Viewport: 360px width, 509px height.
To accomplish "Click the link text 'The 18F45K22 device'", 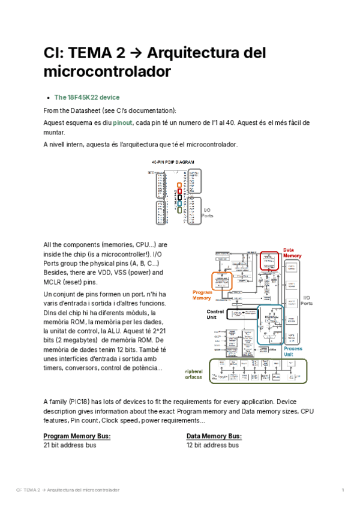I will click(86, 97).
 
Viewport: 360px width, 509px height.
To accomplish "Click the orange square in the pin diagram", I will click(179, 185).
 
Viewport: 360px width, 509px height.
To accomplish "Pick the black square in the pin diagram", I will click(179, 197).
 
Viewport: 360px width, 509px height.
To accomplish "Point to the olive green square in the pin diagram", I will click(179, 209).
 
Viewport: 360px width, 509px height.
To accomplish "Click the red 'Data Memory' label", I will click(292, 253).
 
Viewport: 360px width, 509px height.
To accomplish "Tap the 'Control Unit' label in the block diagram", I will click(215, 315).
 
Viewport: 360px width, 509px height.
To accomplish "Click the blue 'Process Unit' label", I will click(293, 352).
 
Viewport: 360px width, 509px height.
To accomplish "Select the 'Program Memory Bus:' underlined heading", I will click(77, 436).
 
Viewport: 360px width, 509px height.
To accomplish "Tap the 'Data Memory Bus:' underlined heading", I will click(214, 436).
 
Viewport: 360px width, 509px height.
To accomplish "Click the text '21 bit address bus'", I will click(70, 445).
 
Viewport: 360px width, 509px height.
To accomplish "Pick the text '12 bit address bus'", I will click(213, 445).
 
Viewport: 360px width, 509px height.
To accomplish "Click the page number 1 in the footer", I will click(343, 490).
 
